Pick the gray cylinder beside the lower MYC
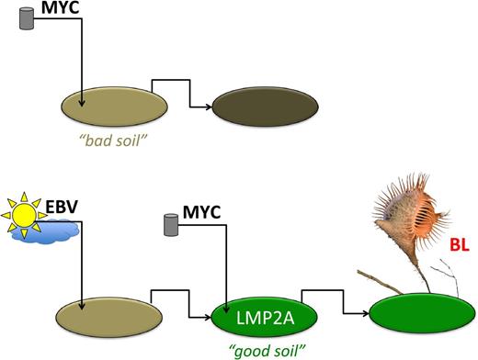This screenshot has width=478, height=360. pyautogui.click(x=171, y=223)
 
